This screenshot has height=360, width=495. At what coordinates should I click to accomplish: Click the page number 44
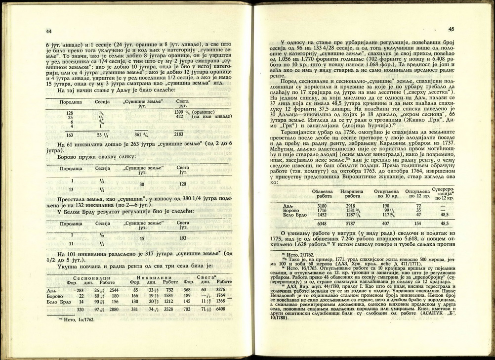[x=48, y=31]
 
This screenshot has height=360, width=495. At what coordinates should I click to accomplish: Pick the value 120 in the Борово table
[x=183, y=183]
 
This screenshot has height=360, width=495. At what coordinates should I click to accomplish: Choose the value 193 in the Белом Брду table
[x=183, y=238]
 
